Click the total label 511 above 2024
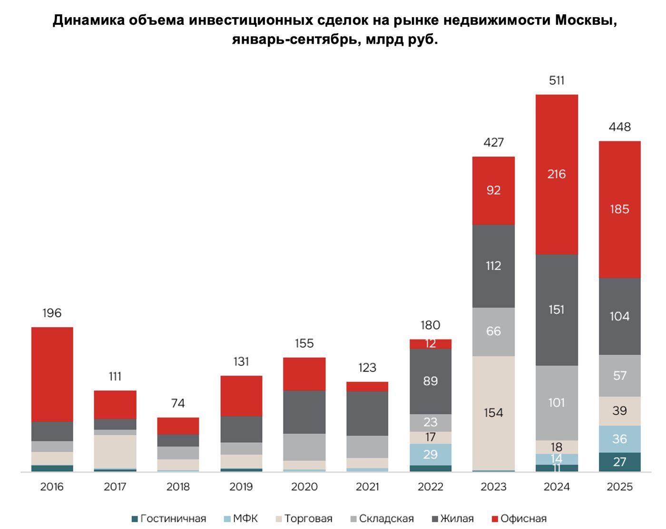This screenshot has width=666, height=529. click(556, 80)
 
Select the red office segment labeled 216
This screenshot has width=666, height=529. click(556, 174)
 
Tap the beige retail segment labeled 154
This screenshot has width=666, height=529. click(493, 413)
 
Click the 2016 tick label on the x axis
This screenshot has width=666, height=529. click(52, 487)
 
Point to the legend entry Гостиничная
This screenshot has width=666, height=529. click(168, 519)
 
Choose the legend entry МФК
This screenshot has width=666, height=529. click(241, 519)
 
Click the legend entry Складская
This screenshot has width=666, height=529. click(382, 519)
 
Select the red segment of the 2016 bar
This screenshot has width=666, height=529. click(52, 374)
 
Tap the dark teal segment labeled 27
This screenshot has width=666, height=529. click(619, 462)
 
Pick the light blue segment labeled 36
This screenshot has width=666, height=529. click(619, 439)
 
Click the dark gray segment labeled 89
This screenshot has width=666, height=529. click(431, 381)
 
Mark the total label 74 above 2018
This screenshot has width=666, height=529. click(178, 403)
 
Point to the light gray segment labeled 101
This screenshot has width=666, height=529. click(556, 403)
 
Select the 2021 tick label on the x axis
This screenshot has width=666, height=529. click(367, 487)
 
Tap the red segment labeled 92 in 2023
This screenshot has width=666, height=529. click(493, 190)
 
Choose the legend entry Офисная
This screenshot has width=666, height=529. click(519, 519)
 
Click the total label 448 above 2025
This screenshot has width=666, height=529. click(619, 127)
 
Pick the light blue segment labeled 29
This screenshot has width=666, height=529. click(431, 454)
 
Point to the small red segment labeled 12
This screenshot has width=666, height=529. click(431, 344)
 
